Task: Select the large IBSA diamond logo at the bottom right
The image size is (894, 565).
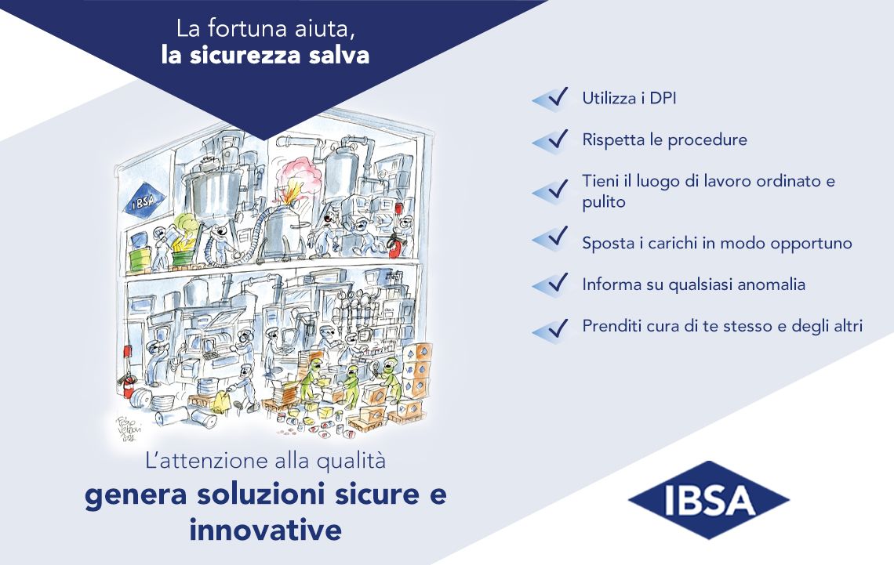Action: coord(709,500)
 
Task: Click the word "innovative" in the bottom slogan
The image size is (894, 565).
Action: coord(266,531)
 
